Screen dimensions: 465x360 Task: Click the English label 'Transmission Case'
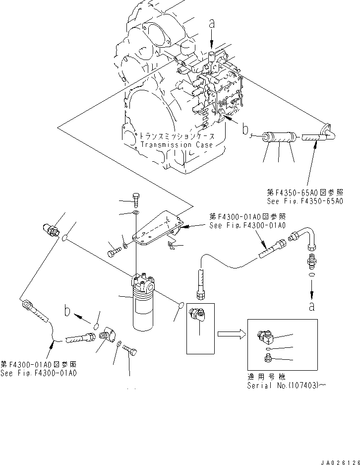coord(176,145)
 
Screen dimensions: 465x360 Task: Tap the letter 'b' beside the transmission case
coord(245,130)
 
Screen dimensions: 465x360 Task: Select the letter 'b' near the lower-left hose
coord(67,313)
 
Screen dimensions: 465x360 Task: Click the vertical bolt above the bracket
coord(137,198)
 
